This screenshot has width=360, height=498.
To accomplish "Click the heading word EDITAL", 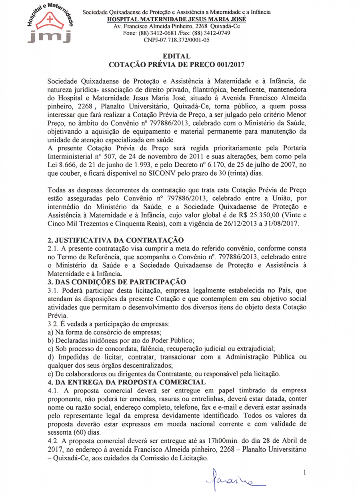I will (176, 56).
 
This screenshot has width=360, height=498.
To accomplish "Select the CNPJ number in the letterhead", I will (176, 40).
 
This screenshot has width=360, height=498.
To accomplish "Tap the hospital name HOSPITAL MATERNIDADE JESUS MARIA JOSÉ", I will (176, 19).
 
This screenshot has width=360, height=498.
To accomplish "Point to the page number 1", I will (305, 473).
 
